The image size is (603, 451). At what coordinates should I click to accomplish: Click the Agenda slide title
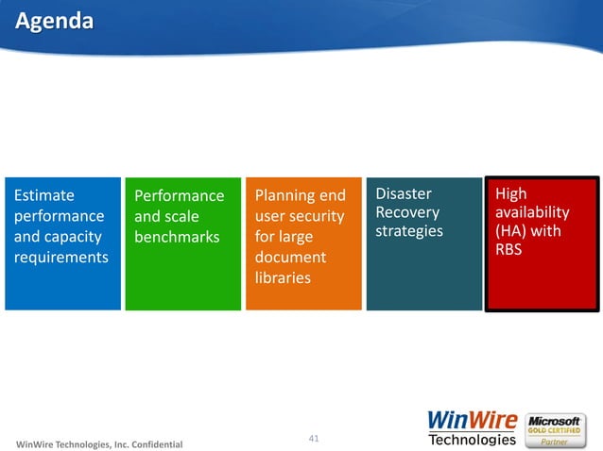(54, 21)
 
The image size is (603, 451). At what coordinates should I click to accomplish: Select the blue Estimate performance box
(62, 243)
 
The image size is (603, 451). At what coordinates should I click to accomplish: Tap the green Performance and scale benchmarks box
(182, 243)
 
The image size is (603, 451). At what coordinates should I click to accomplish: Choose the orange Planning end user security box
(303, 243)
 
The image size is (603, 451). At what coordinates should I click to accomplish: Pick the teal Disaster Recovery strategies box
(424, 243)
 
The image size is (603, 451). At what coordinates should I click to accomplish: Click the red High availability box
(543, 243)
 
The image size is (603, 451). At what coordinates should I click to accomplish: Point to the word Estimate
(43, 195)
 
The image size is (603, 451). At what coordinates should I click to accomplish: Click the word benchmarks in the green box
(176, 237)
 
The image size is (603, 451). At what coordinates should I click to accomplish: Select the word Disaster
(404, 193)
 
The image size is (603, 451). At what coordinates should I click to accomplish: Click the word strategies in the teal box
(409, 231)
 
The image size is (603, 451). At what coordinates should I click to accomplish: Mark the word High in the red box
(511, 193)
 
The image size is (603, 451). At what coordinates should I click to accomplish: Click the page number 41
(315, 438)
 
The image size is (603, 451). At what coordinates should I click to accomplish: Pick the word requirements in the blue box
(60, 258)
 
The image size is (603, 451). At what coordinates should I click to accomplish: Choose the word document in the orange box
(290, 258)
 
